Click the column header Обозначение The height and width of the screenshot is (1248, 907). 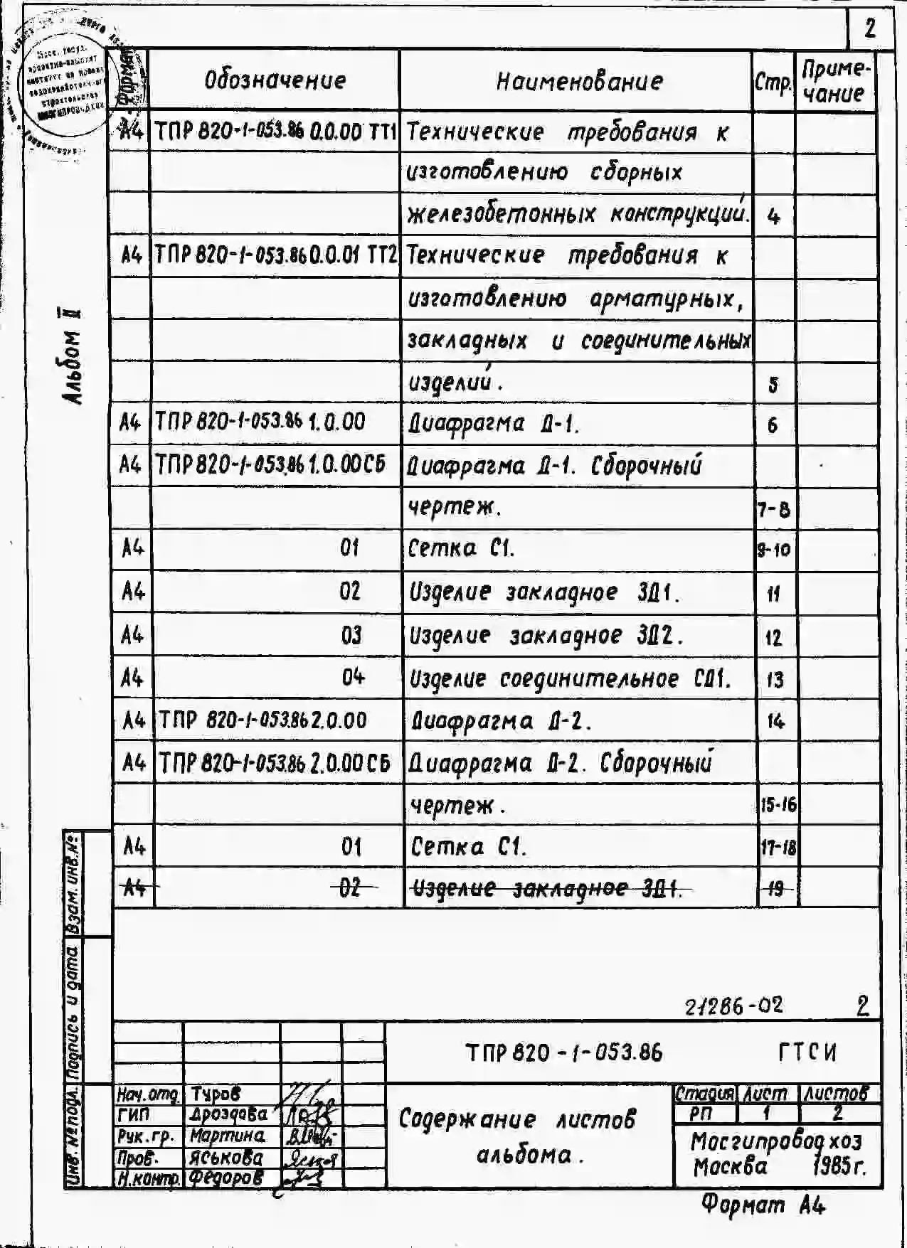click(x=275, y=80)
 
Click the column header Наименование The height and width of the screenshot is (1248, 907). click(x=578, y=82)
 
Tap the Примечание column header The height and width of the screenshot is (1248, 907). click(x=834, y=81)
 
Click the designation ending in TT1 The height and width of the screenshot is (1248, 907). click(x=275, y=132)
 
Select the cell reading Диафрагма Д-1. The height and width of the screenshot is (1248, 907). click(x=494, y=425)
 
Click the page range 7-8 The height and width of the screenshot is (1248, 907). click(x=773, y=510)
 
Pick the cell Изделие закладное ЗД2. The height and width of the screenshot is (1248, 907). click(x=546, y=636)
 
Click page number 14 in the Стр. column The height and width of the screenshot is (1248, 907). click(x=775, y=722)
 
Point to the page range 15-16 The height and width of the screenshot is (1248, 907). click(x=778, y=805)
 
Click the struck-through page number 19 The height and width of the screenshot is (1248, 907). click(x=775, y=887)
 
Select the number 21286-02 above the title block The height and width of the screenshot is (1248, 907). click(x=733, y=1005)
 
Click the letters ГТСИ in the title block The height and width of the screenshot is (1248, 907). click(x=807, y=1052)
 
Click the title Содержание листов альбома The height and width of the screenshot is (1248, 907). click(x=526, y=1136)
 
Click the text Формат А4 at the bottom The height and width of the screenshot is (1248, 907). click(x=763, y=1205)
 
